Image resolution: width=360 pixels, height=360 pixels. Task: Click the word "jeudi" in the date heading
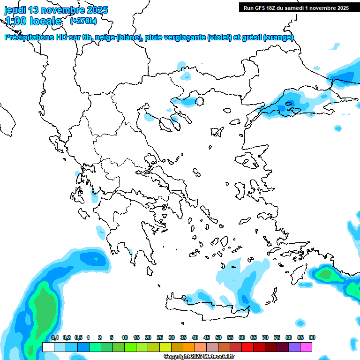click(x=16, y=10)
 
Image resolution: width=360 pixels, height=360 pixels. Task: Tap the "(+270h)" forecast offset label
click(x=83, y=21)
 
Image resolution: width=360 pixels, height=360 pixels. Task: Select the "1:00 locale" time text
click(x=33, y=21)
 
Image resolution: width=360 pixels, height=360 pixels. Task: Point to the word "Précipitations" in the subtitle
click(x=29, y=38)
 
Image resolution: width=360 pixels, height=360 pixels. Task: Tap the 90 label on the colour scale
click(x=312, y=337)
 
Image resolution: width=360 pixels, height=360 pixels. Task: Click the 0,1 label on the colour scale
click(x=54, y=337)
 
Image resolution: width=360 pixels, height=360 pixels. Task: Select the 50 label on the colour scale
click(x=218, y=337)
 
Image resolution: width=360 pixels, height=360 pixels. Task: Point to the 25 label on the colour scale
click(x=160, y=337)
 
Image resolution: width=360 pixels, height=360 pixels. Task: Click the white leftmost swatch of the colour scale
click(x=48, y=347)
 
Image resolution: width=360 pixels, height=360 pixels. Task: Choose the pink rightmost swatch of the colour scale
click(x=307, y=347)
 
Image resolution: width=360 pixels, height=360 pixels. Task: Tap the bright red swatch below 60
click(x=247, y=347)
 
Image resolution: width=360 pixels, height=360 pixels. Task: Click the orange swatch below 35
click(x=189, y=347)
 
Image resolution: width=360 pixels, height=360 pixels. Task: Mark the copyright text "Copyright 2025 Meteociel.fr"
click(x=199, y=357)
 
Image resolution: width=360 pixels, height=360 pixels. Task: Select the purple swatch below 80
click(x=294, y=347)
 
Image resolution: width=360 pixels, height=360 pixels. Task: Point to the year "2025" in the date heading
click(x=97, y=10)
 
